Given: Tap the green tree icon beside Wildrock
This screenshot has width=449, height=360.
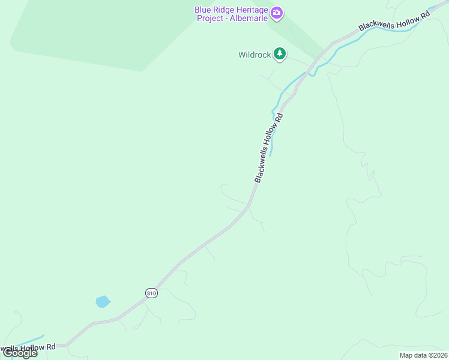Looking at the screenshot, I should (x=279, y=55).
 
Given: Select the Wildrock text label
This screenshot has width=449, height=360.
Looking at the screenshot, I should (x=255, y=55).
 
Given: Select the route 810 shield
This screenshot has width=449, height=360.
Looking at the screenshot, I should (x=151, y=293).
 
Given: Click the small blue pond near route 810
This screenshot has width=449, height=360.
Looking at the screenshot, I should (x=103, y=301).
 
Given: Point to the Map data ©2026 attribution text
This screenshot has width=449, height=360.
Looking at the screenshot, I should (x=423, y=355).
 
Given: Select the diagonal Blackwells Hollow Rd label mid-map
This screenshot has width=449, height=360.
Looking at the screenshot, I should (x=268, y=148).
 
